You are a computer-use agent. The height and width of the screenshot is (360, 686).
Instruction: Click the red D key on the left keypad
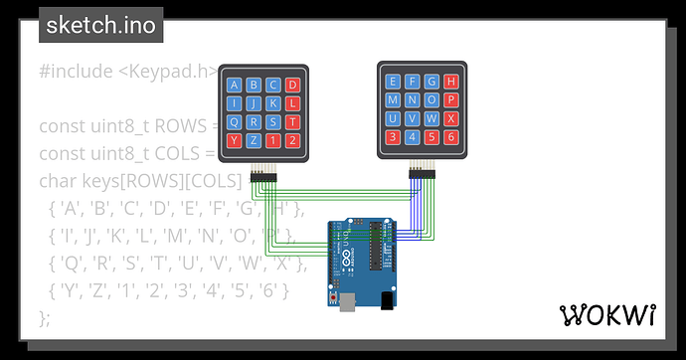(292, 86)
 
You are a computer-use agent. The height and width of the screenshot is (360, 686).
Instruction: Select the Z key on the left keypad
(254, 140)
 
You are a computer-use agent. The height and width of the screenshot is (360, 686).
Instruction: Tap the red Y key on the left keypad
(234, 140)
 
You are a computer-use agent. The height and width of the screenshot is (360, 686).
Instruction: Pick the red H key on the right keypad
(451, 82)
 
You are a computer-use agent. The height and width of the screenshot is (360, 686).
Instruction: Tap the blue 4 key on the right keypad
(413, 136)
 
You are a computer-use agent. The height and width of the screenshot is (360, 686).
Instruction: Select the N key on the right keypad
(413, 99)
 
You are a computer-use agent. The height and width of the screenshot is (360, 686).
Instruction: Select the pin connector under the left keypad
(263, 176)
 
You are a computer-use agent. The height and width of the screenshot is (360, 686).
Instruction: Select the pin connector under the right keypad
(423, 174)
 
